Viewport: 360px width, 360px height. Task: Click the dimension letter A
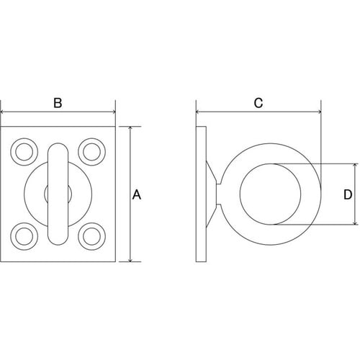137,194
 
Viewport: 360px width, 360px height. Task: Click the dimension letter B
58,103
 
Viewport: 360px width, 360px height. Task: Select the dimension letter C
258,103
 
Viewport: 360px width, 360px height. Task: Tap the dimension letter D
348,194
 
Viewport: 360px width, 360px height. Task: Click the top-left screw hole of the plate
24,152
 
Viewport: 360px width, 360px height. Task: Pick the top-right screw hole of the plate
91,152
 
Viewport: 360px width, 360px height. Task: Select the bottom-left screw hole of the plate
24,236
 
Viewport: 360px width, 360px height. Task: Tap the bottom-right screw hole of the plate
91,236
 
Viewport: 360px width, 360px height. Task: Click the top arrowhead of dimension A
130,129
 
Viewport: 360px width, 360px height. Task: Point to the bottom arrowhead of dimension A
130,259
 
